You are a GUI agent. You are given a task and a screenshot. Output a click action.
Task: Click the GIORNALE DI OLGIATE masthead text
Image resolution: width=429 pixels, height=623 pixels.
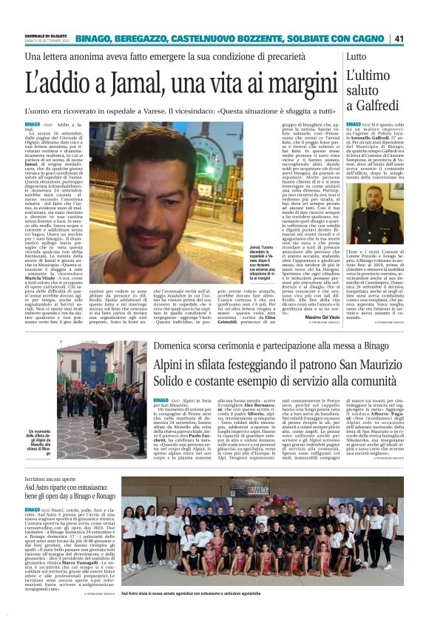click(x=47, y=35)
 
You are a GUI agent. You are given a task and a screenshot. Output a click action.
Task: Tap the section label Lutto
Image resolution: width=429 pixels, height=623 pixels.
click(x=334, y=57)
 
